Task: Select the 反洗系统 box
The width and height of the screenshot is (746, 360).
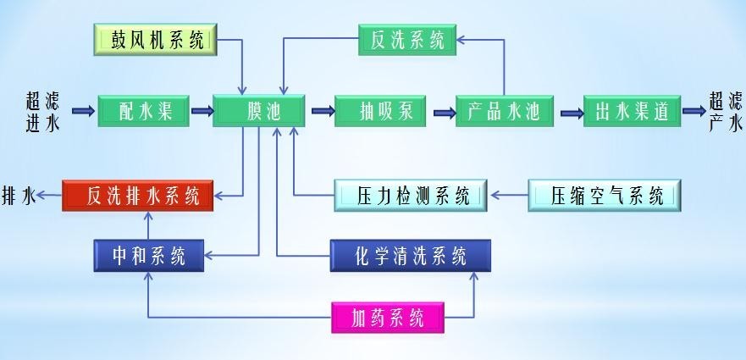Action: point(407,39)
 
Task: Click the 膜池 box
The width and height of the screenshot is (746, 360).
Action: point(257,111)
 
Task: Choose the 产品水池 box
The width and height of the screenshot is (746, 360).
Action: point(504,111)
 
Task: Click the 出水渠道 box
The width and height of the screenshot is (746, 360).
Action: point(633,111)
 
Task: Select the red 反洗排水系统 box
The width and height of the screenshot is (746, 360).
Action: point(138,196)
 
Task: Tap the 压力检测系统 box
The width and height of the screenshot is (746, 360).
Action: point(411,196)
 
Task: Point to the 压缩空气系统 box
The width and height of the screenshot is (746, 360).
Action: point(605,196)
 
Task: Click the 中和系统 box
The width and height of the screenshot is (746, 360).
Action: point(149,254)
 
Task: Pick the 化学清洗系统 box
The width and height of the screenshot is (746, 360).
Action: point(411,254)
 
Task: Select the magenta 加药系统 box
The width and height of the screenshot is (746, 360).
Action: point(387,318)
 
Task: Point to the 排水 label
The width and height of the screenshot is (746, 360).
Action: point(19,196)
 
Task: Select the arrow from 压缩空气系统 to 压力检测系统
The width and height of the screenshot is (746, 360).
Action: point(509,196)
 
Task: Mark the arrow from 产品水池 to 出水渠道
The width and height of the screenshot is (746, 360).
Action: point(569,111)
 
